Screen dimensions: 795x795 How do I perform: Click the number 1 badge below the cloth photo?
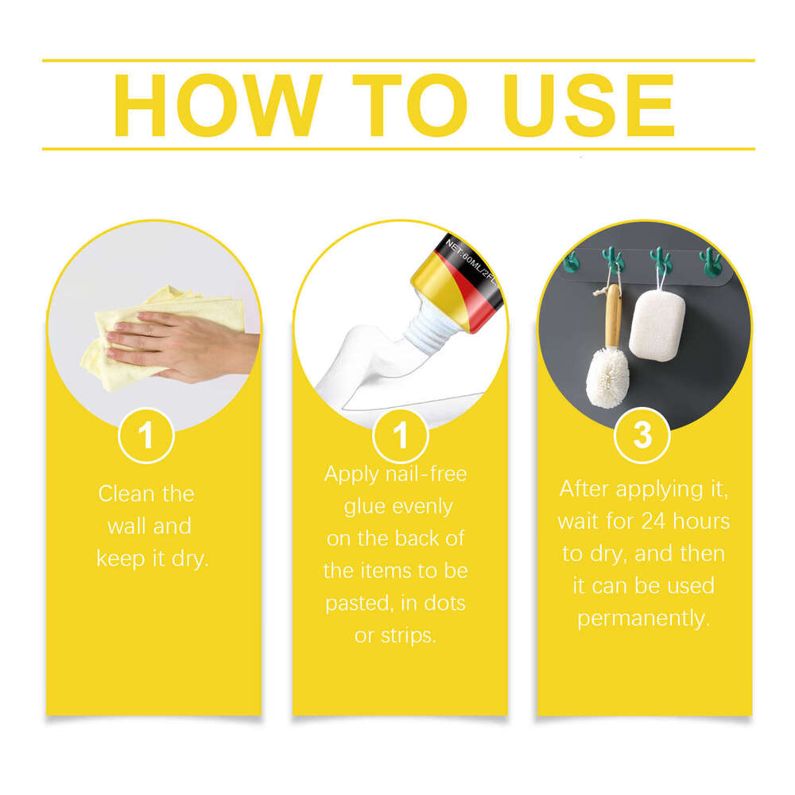[x=145, y=436]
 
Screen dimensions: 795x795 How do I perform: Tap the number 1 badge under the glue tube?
[x=400, y=436]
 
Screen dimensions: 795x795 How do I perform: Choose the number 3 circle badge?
[x=642, y=436]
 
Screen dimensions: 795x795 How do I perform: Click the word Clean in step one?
[x=126, y=494]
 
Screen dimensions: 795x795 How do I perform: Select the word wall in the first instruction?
[x=129, y=526]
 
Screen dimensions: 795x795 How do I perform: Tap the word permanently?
[x=642, y=618]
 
